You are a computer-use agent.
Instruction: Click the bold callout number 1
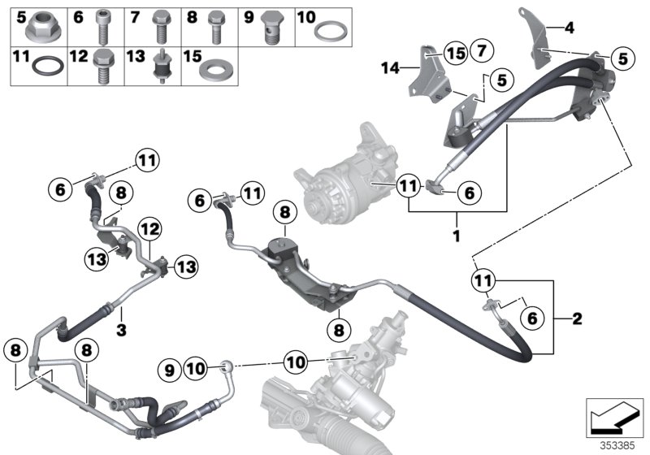(457, 237)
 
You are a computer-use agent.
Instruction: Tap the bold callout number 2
(578, 318)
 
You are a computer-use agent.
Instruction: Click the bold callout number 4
(569, 29)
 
